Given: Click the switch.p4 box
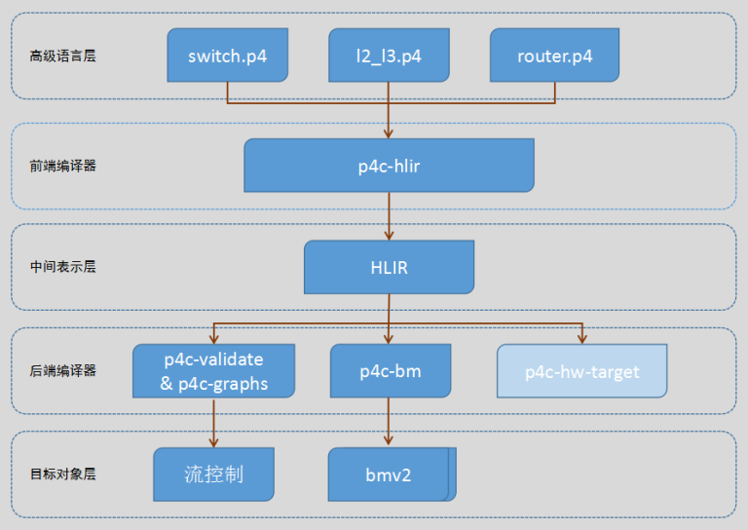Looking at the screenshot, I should [x=227, y=55].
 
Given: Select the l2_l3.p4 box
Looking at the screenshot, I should [x=389, y=55].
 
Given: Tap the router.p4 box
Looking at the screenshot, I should [x=554, y=55].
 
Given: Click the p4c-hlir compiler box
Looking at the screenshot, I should [x=389, y=166].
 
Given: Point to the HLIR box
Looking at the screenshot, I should [x=389, y=267].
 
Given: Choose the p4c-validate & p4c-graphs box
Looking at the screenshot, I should [x=212, y=371].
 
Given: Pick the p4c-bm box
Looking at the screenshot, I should [x=389, y=371].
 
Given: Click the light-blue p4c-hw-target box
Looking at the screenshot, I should [x=581, y=371].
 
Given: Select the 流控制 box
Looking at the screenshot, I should [x=213, y=474].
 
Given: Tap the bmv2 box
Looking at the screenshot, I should [x=389, y=474].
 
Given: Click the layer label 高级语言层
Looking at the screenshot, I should [x=62, y=56].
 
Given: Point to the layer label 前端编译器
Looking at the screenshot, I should [x=62, y=166].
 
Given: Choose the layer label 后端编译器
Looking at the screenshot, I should [x=62, y=371].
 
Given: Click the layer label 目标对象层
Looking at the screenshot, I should [x=62, y=474].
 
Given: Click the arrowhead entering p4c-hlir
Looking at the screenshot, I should [x=389, y=133].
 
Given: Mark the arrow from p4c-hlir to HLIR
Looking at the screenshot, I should [x=389, y=216].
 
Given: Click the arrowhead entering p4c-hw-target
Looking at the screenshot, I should [x=581, y=338].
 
